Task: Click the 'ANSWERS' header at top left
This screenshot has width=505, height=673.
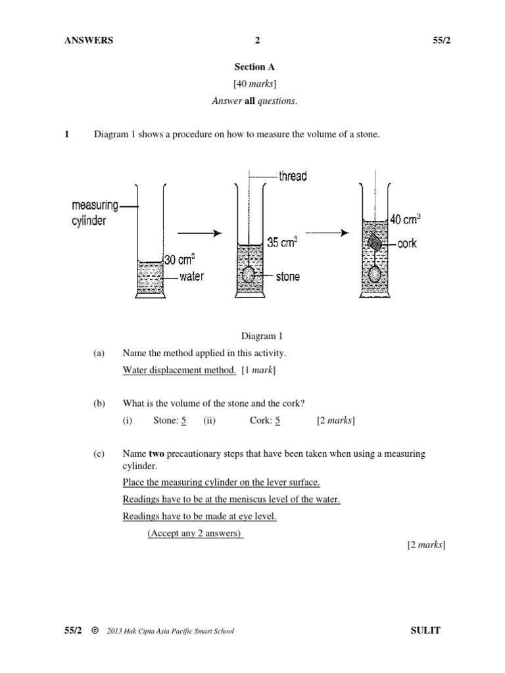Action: [89, 40]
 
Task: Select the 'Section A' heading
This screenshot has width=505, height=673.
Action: [254, 67]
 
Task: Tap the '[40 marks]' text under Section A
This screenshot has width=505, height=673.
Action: [254, 84]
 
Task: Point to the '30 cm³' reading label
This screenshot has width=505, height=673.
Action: [179, 259]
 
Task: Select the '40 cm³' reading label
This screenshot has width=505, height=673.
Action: [405, 220]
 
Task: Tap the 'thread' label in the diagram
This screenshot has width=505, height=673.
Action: [293, 176]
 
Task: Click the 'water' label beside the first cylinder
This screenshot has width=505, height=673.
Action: [191, 277]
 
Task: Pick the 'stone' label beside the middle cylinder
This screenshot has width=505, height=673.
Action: [287, 277]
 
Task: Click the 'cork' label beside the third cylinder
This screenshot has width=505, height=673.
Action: [407, 244]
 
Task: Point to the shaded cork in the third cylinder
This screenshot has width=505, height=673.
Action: [373, 244]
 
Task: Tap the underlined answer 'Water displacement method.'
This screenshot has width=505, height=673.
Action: [179, 370]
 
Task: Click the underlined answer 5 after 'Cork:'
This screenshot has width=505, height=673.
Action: [278, 421]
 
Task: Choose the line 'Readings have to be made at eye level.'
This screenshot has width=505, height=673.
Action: [199, 516]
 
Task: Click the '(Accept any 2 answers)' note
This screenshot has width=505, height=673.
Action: [195, 533]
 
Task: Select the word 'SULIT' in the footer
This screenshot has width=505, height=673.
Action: [425, 631]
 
